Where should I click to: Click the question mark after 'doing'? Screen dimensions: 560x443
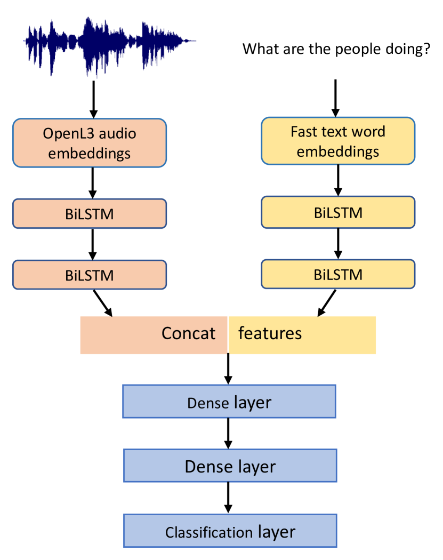coord(426,49)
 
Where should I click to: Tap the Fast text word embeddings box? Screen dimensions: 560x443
coord(337,141)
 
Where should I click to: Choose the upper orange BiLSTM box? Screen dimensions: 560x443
coord(90,213)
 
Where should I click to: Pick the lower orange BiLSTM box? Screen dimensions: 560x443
coord(90,275)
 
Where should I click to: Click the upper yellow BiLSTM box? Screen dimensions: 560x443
coord(337,212)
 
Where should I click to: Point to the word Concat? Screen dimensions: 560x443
coord(188,334)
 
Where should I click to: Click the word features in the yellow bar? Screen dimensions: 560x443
coord(270,334)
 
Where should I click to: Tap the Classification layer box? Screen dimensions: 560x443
coord(230,531)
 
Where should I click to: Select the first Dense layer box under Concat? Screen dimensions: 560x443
coord(229,402)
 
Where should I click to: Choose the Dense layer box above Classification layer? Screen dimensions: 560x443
coord(230,467)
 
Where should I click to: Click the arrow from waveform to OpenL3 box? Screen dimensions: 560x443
coord(93,99)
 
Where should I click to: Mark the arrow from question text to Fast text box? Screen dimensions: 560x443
coord(335,98)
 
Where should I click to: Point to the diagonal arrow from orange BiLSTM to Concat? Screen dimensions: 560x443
coord(102,303)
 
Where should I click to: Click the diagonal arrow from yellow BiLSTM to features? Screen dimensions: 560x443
coord(327,303)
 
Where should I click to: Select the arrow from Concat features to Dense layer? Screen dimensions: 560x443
coord(228,369)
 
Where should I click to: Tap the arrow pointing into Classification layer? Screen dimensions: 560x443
coord(229,498)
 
